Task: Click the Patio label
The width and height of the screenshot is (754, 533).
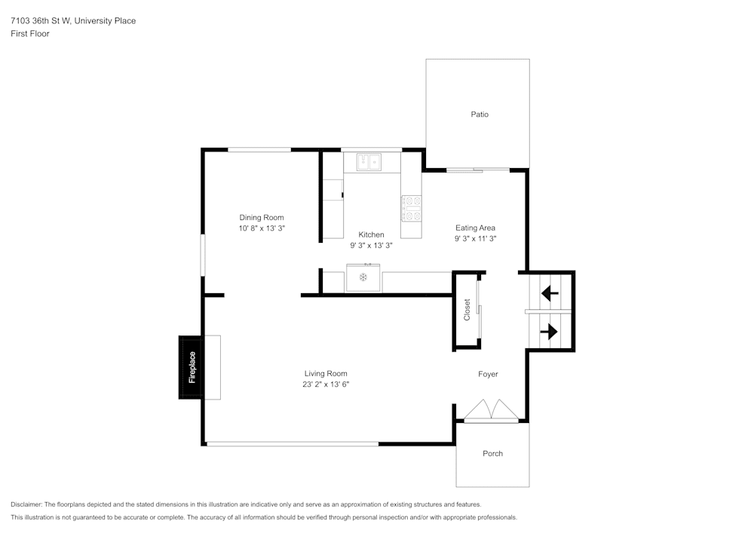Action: pyautogui.click(x=480, y=115)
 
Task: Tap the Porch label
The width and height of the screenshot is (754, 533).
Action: pyautogui.click(x=492, y=454)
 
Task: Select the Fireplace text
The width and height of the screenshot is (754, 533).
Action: pyautogui.click(x=192, y=367)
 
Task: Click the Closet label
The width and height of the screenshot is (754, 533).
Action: pyautogui.click(x=467, y=310)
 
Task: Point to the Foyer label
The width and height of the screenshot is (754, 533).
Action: pyautogui.click(x=488, y=374)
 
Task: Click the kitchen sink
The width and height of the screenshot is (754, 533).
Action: pyautogui.click(x=369, y=161)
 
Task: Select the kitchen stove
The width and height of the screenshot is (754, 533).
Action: pyautogui.click(x=411, y=208)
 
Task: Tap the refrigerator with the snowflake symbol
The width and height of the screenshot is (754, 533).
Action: pyautogui.click(x=363, y=278)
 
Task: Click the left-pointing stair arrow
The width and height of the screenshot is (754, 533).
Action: pyautogui.click(x=550, y=291)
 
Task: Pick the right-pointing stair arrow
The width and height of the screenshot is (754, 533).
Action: pyautogui.click(x=549, y=331)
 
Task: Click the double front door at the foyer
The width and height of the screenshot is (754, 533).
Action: pyautogui.click(x=491, y=410)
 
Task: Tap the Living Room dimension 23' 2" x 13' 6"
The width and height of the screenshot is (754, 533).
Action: pyautogui.click(x=326, y=384)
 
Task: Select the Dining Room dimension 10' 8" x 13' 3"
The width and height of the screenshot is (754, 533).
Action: pyautogui.click(x=262, y=228)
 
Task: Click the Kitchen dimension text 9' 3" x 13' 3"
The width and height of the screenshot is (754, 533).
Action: pyautogui.click(x=371, y=245)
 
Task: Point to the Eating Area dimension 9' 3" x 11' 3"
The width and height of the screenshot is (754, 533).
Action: pyautogui.click(x=475, y=238)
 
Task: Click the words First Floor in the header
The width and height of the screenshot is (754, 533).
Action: pyautogui.click(x=30, y=34)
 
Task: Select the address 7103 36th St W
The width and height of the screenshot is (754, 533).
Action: pyautogui.click(x=41, y=21)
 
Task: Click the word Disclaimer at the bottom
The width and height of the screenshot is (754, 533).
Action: pyautogui.click(x=26, y=504)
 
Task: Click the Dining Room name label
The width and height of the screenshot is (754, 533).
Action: pyautogui.click(x=262, y=217)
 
